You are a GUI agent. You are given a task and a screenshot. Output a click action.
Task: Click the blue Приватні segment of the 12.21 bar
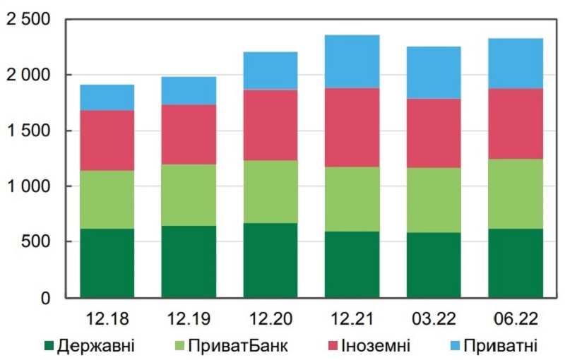tap(352, 61)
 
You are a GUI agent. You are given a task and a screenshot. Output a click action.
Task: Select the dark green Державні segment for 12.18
tap(107, 263)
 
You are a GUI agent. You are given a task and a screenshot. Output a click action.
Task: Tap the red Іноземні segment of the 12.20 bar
tap(270, 125)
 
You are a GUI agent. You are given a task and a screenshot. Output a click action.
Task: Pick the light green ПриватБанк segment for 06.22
tap(516, 193)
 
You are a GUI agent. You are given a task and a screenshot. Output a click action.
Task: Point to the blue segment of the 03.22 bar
tap(434, 72)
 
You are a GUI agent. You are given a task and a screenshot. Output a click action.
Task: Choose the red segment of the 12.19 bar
tap(189, 134)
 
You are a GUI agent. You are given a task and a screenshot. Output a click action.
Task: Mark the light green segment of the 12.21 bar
tap(352, 199)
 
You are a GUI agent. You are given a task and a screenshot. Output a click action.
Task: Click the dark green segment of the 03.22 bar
tap(434, 265)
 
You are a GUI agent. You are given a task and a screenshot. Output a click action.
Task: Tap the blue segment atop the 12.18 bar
tap(107, 97)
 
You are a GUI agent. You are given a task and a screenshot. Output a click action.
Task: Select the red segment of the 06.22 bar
tap(516, 124)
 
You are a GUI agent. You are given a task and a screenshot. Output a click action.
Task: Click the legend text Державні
tap(97, 346)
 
